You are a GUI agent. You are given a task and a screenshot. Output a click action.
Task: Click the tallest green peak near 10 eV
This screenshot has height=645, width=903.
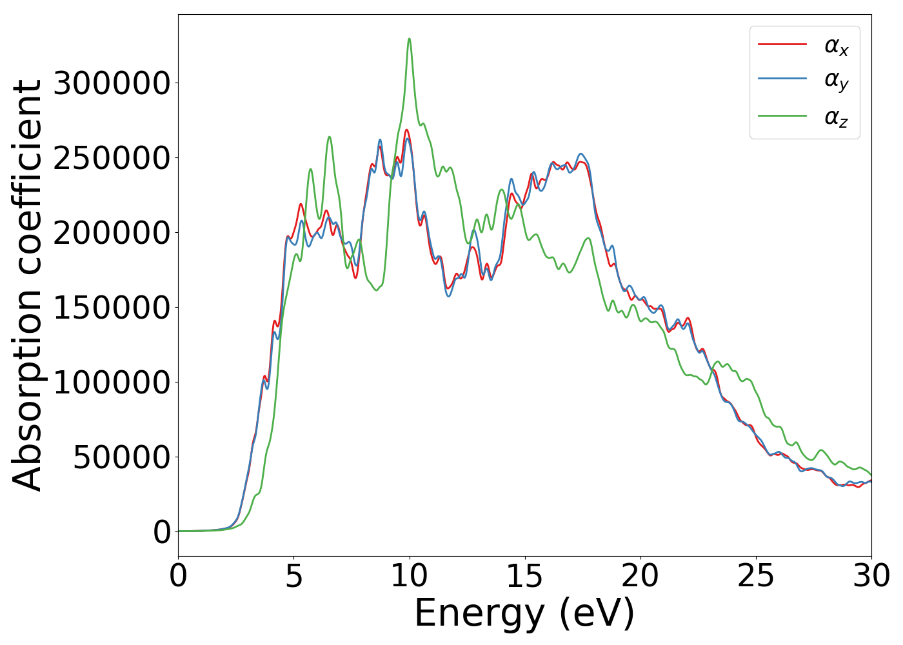pos(409,39)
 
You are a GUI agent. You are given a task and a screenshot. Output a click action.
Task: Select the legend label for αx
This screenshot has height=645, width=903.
pos(836,46)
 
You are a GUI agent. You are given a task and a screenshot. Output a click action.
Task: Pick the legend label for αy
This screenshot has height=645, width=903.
pos(836,81)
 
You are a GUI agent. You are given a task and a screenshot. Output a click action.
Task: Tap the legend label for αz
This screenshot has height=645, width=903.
pos(836,117)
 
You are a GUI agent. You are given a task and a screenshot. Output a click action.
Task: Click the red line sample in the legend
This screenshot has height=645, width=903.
pos(782,44)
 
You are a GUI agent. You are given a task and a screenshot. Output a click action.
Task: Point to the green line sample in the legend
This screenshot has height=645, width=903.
pos(782,115)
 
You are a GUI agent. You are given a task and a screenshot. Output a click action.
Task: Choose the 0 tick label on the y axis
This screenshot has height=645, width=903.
pos(162,532)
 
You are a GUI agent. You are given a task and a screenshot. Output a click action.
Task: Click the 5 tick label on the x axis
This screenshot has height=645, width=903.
pos(293,576)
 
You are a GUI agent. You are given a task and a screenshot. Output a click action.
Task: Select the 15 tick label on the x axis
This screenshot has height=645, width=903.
pos(524,576)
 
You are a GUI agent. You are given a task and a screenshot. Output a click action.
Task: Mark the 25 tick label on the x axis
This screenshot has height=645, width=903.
pos(755,576)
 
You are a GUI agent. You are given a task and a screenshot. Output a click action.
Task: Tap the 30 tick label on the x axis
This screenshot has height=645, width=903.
pos(871,576)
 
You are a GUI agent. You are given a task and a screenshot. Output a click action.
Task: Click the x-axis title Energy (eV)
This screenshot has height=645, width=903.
pos(524,613)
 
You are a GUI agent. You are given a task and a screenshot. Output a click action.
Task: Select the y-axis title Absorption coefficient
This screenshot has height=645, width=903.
pos(27,285)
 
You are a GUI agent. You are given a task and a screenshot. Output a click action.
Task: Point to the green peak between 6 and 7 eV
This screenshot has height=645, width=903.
pos(329,137)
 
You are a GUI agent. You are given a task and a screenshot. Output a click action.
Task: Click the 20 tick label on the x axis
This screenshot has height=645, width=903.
pos(640,576)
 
